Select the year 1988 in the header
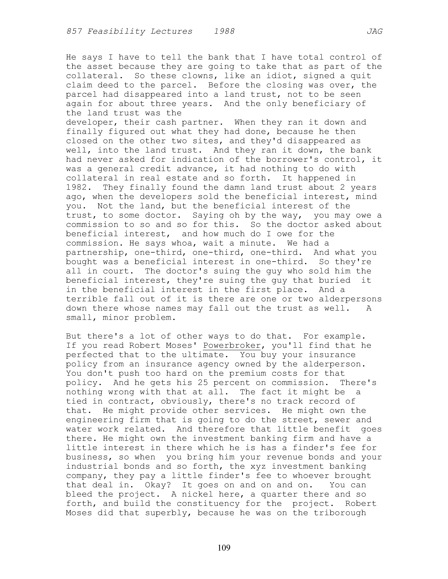[x=224, y=32]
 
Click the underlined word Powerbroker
[x=232, y=346]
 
